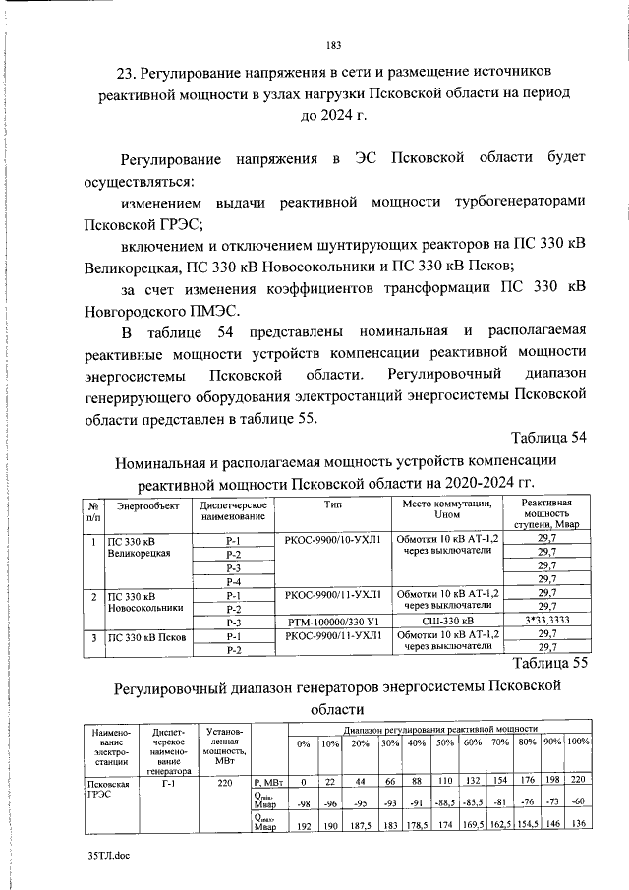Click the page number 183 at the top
coord(332,45)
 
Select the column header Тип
coord(331,504)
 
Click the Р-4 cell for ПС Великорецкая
coord(233,580)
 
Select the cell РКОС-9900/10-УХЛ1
coord(331,539)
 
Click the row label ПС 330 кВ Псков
coord(143,637)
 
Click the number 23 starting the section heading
coord(126,74)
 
